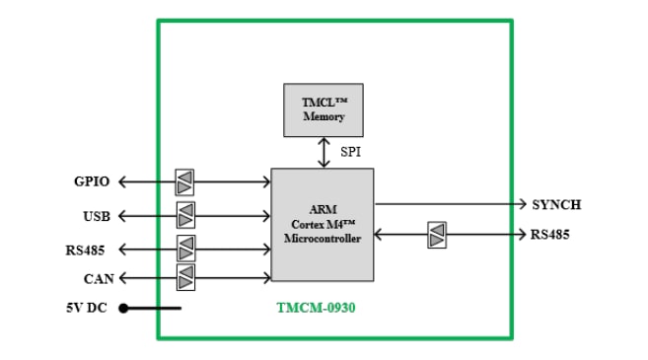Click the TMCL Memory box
pyautogui.click(x=323, y=109)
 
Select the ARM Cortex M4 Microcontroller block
pyautogui.click(x=323, y=225)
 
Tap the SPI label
pyautogui.click(x=351, y=153)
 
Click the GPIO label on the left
pyautogui.click(x=92, y=182)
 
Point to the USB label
pyautogui.click(x=97, y=215)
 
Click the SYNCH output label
pyautogui.click(x=556, y=205)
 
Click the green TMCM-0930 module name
pyautogui.click(x=316, y=308)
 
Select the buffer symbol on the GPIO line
pyautogui.click(x=184, y=182)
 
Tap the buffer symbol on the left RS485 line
pyautogui.click(x=185, y=249)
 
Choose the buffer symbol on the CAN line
pyautogui.click(x=185, y=279)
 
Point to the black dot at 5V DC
pyautogui.click(x=124, y=308)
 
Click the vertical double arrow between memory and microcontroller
pyautogui.click(x=323, y=152)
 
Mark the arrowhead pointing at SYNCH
pyautogui.click(x=522, y=204)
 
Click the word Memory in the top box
pyautogui.click(x=324, y=117)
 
